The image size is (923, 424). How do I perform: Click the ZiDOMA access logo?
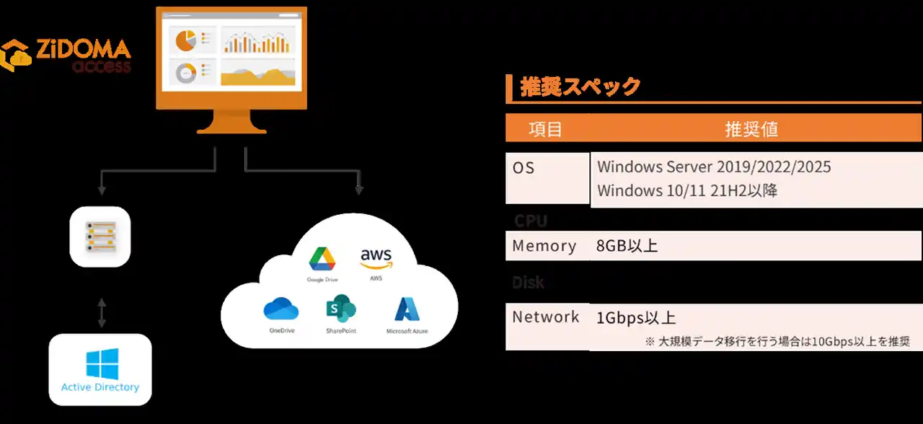point(66,56)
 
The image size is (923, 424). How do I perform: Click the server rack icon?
point(100,237)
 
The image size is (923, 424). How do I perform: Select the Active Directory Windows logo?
point(102,364)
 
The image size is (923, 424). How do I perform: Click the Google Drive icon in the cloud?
point(322,260)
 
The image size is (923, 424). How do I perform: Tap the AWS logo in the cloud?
point(376,258)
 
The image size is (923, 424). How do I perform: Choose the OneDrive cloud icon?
point(281,309)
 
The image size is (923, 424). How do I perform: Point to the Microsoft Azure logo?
point(407,309)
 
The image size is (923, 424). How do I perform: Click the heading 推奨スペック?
point(580,87)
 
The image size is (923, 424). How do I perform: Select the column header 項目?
point(546,129)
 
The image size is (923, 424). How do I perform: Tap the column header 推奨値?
point(751,129)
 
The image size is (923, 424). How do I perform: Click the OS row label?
point(524,167)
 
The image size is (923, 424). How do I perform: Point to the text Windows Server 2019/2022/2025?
point(714,167)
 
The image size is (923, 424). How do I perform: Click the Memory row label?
point(544,246)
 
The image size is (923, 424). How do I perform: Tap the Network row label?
point(546,317)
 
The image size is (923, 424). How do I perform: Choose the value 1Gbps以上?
point(636,318)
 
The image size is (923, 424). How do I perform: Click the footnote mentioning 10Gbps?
point(777,341)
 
